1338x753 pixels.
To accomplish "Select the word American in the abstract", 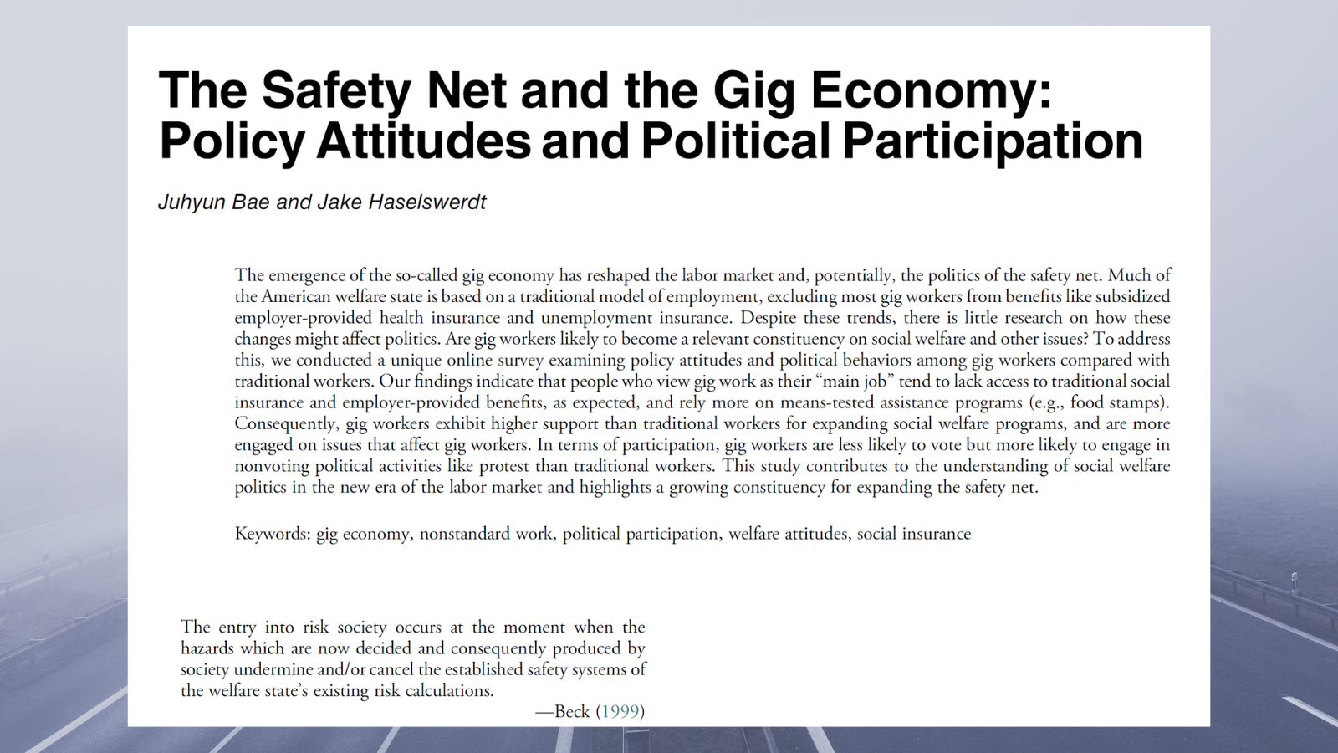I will pyautogui.click(x=297, y=296).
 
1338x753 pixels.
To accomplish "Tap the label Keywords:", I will pyautogui.click(x=273, y=534).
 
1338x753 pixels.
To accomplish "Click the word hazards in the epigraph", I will pyautogui.click(x=207, y=648).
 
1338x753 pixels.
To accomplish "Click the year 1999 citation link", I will pyautogui.click(x=620, y=711).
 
